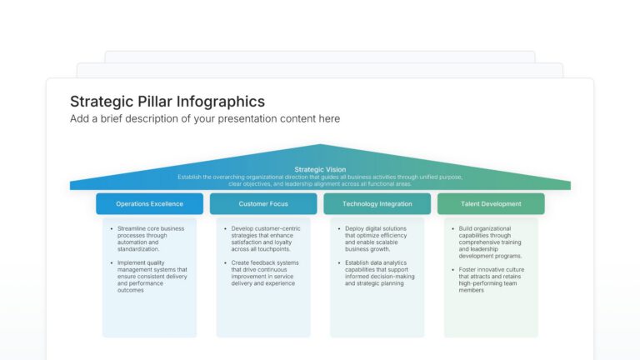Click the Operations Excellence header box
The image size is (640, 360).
[149, 203]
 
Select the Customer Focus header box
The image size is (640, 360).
[263, 203]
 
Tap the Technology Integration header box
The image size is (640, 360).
[377, 203]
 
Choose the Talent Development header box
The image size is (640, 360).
[491, 203]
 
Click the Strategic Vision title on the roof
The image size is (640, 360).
[320, 169]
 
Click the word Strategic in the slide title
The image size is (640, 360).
[99, 102]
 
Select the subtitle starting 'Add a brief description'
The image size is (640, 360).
[204, 119]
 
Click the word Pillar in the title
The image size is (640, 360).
[157, 102]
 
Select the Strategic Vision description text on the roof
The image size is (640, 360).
[320, 180]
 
